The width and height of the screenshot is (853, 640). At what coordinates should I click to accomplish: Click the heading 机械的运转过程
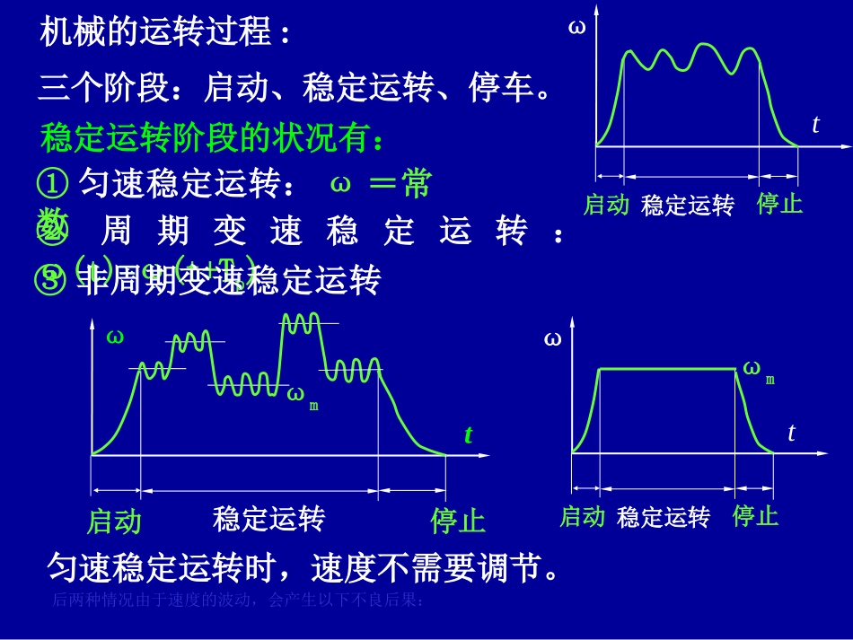(166, 33)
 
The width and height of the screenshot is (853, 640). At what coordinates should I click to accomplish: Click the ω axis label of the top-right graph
(576, 27)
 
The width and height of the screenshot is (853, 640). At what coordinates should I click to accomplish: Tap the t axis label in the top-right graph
(815, 125)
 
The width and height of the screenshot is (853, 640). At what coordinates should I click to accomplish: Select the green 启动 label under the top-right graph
(606, 205)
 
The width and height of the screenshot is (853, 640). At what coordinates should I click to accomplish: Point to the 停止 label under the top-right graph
(779, 204)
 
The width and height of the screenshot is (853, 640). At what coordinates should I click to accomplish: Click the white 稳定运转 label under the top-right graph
(688, 206)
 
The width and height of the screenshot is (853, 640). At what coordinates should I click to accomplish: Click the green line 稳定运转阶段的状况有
(214, 139)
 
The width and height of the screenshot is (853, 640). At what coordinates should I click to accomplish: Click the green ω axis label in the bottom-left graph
(115, 337)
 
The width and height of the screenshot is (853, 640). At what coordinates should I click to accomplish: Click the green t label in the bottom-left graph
(468, 435)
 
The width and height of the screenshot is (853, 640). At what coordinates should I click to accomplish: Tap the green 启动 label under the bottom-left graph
(114, 521)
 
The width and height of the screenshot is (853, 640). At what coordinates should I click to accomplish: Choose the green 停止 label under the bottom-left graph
(457, 521)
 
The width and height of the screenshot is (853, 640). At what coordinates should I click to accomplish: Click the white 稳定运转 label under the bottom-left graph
(268, 518)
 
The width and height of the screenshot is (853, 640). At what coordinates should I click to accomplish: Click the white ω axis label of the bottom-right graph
(552, 339)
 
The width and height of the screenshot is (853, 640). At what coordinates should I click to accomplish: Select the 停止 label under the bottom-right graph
(755, 516)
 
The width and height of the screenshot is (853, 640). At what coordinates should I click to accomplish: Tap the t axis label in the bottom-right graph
(791, 433)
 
